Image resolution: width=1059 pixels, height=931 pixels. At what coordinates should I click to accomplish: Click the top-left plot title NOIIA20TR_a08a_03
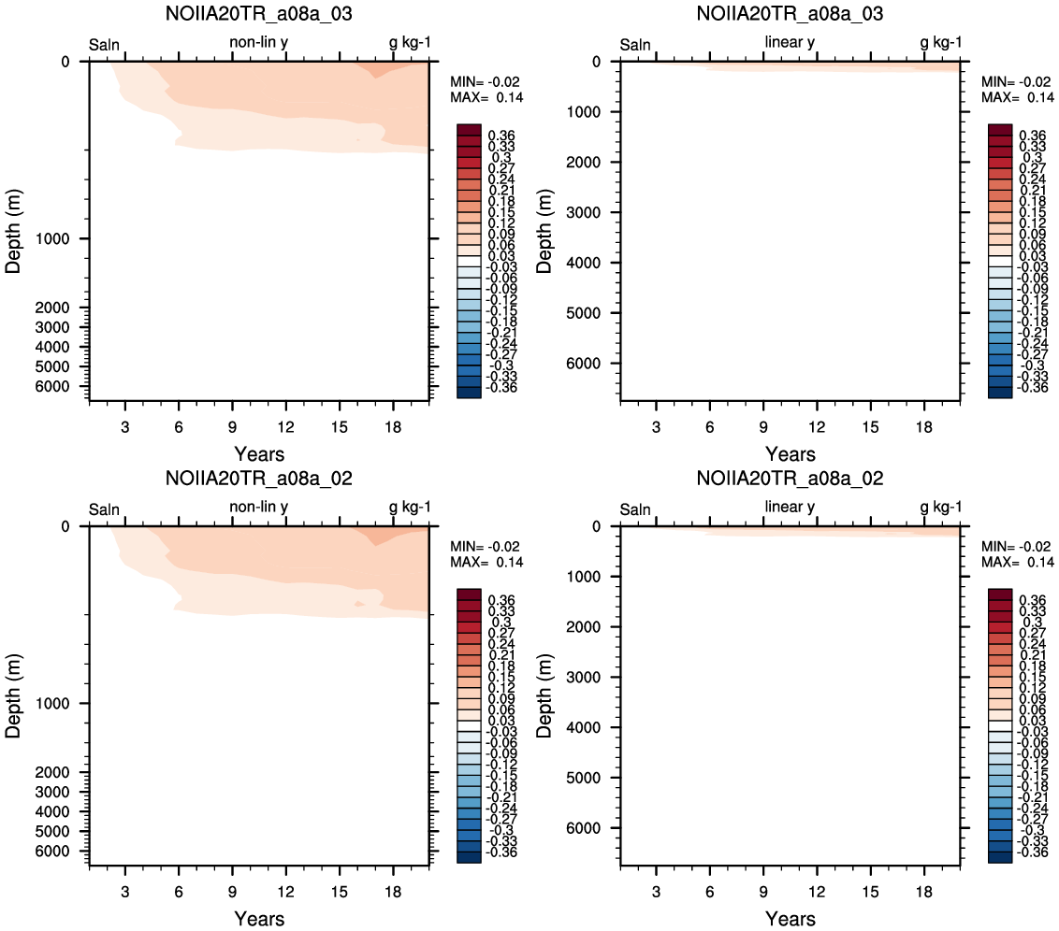click(259, 13)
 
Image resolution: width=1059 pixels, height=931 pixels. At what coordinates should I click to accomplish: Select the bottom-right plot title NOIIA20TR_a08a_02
click(790, 479)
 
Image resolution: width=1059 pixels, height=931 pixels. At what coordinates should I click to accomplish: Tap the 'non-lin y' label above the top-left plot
click(259, 42)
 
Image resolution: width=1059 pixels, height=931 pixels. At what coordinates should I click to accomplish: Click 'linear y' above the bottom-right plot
click(790, 508)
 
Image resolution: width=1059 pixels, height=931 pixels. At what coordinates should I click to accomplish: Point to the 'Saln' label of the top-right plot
click(635, 45)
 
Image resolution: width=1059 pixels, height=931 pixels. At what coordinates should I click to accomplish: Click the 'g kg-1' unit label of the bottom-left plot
click(410, 508)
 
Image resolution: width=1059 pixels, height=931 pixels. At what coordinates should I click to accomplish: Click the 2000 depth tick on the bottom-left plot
click(51, 772)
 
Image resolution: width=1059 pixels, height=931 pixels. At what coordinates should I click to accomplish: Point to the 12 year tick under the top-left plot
click(285, 427)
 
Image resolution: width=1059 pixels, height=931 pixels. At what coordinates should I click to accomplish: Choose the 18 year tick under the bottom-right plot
click(924, 892)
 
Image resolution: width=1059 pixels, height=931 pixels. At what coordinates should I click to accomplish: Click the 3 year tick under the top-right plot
click(656, 427)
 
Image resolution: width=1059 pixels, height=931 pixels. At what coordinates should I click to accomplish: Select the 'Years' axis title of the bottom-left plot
click(259, 919)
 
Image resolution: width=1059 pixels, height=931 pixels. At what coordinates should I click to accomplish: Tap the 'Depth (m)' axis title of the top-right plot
click(544, 231)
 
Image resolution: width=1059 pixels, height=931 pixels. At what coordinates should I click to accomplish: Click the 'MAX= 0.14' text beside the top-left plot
click(486, 98)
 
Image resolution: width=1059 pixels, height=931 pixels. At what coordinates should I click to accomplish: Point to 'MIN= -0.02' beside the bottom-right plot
click(1016, 547)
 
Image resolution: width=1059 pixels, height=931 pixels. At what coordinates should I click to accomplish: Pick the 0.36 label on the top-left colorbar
click(501, 136)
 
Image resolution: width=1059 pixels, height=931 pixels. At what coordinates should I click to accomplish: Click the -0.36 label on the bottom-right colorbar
click(1033, 852)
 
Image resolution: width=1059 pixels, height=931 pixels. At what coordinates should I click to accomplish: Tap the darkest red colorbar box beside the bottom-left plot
click(469, 594)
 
